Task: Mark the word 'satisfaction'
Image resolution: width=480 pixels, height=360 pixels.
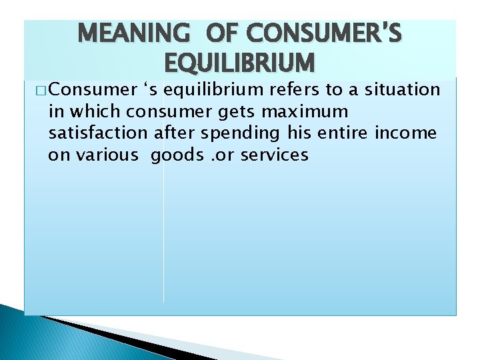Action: tap(98, 133)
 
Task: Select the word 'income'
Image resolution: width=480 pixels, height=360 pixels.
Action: tap(406, 133)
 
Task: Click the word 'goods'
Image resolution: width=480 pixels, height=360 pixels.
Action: tap(176, 155)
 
